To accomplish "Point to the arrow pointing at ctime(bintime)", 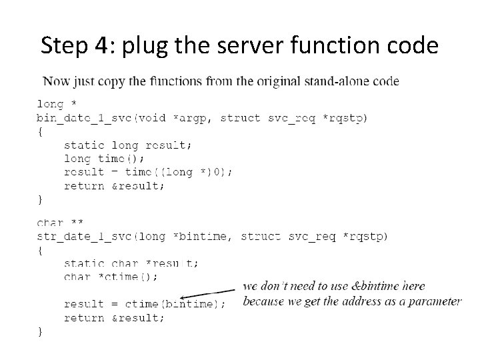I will (x=207, y=294).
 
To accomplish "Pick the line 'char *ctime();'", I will (x=110, y=276).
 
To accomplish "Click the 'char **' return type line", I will (x=60, y=223).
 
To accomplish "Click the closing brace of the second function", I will (x=40, y=331).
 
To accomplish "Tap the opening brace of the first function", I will (x=40, y=131).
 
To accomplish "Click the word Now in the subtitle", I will (x=55, y=82).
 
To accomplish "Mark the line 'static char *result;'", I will (x=131, y=263).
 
